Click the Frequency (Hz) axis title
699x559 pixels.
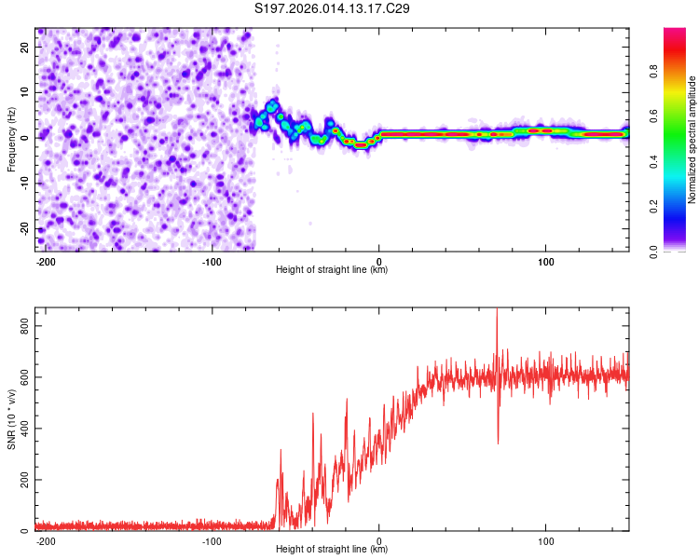(x=11, y=139)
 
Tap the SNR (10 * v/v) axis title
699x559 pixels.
(x=11, y=418)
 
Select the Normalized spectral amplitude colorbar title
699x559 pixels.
(x=692, y=140)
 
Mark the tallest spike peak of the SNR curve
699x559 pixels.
(x=497, y=311)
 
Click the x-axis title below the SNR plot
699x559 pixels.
(x=332, y=550)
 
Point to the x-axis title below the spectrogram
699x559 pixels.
(x=332, y=270)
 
